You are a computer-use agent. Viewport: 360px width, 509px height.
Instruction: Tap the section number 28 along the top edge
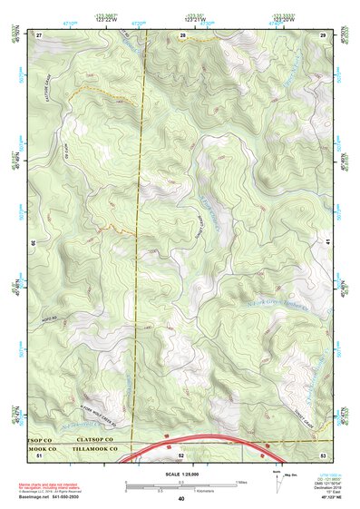pos(184,34)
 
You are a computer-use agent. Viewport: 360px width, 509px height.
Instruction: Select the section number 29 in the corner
pos(323,34)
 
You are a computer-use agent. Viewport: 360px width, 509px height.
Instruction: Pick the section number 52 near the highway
pos(181,455)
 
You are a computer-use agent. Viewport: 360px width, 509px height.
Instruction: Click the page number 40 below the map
pos(181,499)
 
